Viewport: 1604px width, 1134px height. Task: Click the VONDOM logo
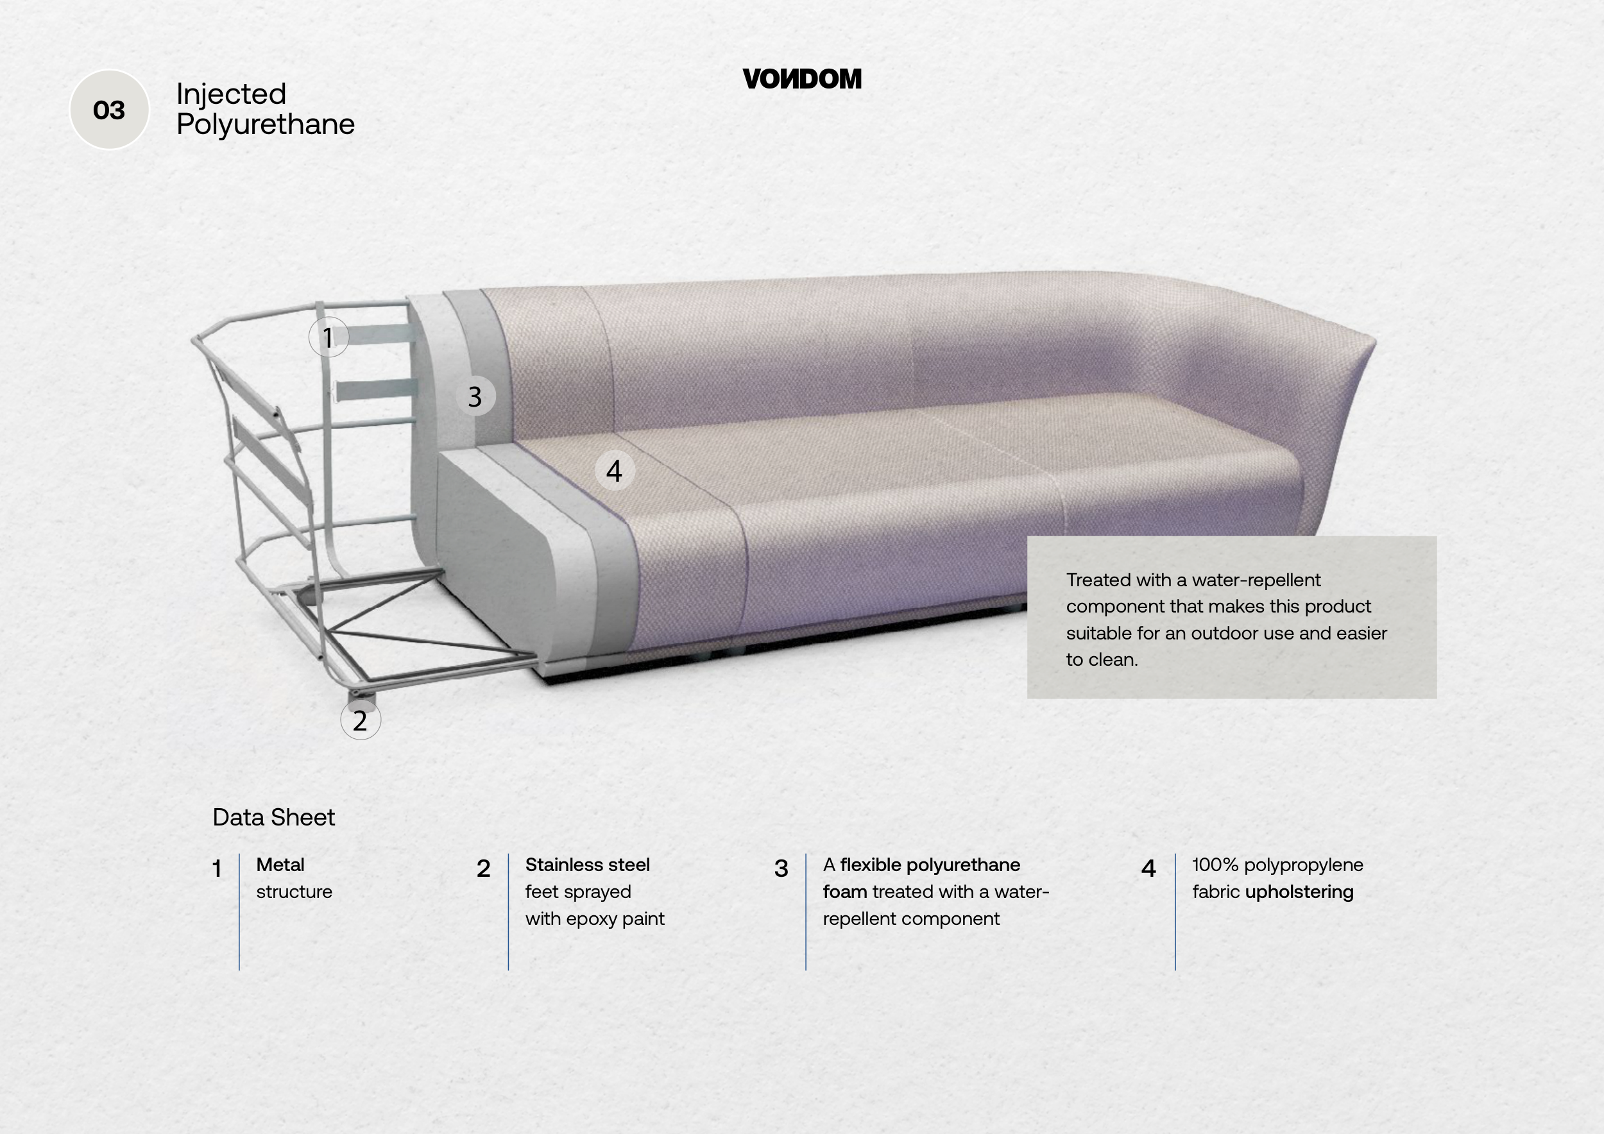[802, 79]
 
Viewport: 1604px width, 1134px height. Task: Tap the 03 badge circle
[109, 110]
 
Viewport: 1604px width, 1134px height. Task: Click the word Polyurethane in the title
[266, 125]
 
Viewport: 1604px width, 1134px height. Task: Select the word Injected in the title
[231, 94]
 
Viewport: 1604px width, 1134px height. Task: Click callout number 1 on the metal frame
[328, 337]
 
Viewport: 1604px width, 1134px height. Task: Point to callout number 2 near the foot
[361, 720]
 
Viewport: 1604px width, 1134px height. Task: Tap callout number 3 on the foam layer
[475, 396]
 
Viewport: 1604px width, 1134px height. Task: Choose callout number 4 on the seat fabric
[614, 471]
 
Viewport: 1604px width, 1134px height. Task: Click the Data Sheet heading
[274, 817]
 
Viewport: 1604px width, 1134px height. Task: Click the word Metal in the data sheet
[280, 865]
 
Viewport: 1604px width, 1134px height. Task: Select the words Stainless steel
[588, 865]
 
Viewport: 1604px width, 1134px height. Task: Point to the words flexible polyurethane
[930, 865]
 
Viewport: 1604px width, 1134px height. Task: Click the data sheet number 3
[781, 868]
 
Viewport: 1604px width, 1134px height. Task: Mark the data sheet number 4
[1148, 868]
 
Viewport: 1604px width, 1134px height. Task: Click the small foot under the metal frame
[362, 696]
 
